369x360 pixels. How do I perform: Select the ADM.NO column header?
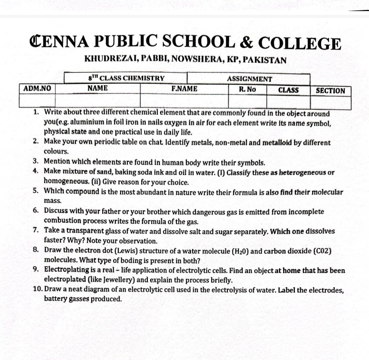(38, 89)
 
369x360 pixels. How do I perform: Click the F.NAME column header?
(184, 89)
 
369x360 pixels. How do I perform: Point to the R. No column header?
(247, 89)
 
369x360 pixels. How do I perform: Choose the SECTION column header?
(330, 90)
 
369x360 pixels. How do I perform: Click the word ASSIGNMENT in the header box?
(249, 79)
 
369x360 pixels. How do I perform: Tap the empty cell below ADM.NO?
(38, 100)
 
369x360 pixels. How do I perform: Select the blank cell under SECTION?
(330, 101)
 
